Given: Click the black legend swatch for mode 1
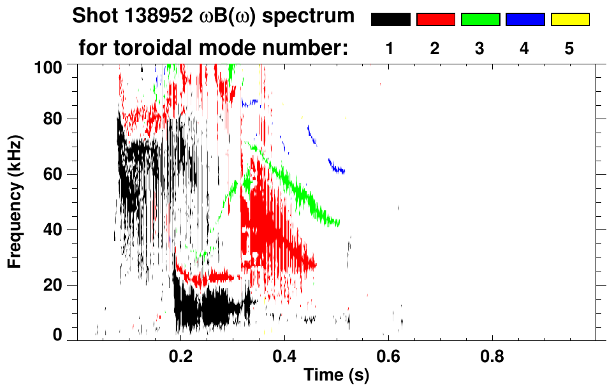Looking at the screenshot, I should (x=390, y=20).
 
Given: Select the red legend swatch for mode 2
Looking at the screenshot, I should (x=435, y=20).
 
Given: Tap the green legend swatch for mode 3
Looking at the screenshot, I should (x=480, y=20).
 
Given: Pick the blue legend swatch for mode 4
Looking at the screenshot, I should (x=525, y=20).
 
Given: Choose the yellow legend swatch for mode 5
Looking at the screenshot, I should (x=570, y=20).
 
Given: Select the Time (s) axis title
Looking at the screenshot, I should (x=335, y=376).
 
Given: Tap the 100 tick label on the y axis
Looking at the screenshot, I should (x=50, y=66).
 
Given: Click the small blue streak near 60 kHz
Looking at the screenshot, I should (x=337, y=168).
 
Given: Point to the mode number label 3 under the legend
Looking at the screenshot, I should (x=480, y=48).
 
